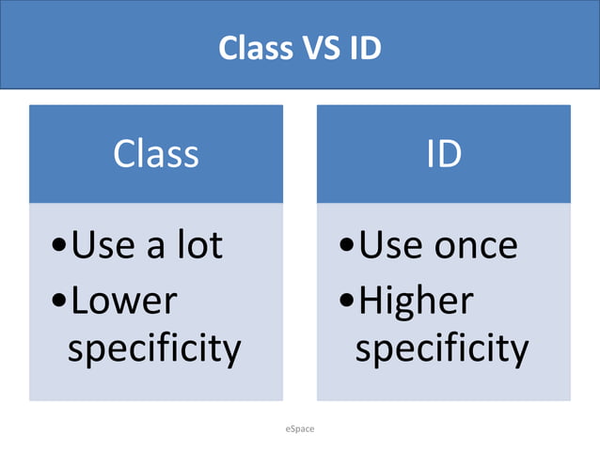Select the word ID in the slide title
[x=365, y=48]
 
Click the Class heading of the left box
[x=156, y=153]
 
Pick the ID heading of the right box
[x=444, y=153]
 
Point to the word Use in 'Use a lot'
[x=101, y=245]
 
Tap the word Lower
[x=123, y=301]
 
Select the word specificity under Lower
[x=154, y=349]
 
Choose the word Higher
[x=417, y=301]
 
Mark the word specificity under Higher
[x=442, y=349]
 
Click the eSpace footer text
[x=300, y=428]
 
